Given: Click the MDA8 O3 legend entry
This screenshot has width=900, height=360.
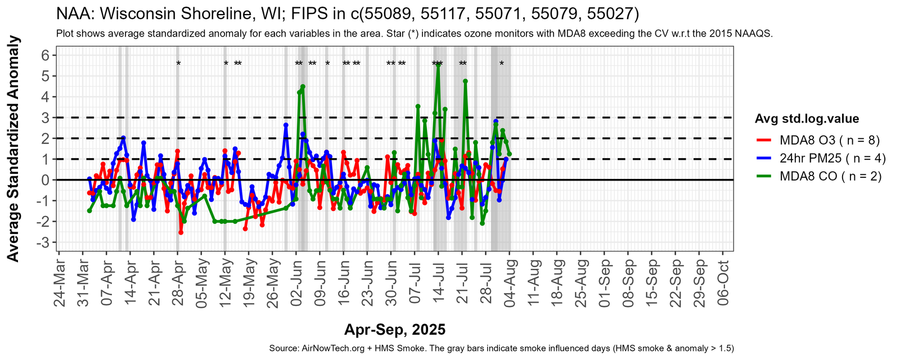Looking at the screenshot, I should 829,139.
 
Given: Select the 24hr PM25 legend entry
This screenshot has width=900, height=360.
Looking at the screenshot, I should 832,158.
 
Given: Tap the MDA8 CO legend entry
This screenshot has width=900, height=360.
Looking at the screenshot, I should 830,177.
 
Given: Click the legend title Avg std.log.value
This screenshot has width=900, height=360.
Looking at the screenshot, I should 807,119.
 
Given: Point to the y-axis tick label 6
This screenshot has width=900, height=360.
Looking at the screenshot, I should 45,55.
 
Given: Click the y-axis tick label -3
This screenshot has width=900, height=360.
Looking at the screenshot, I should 43,242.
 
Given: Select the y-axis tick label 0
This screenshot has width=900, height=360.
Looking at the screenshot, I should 45,180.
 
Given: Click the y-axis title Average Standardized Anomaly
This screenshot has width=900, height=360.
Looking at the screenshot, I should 13,148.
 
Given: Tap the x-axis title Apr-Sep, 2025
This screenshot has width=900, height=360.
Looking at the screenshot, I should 395,330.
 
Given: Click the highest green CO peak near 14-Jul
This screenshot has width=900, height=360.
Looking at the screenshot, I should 438,65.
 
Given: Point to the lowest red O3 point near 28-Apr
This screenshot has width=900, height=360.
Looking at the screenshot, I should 181,232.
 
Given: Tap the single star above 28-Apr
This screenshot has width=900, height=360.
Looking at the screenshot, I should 178,64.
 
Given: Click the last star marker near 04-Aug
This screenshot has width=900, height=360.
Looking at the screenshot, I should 502,64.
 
